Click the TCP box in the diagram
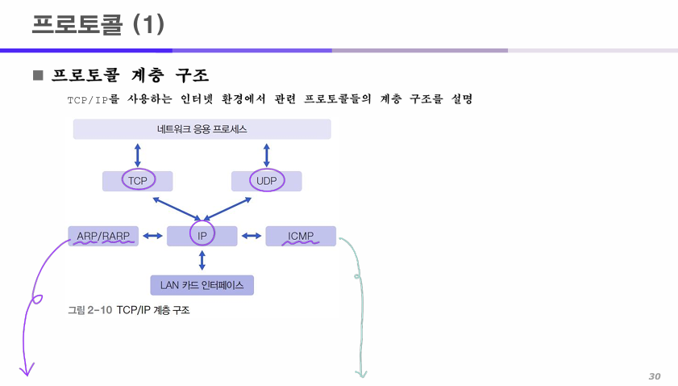pos(138,181)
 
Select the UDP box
pos(266,181)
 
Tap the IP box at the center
pos(202,236)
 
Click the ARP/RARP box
pos(103,236)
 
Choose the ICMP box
pos(300,236)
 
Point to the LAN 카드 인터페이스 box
pos(202,285)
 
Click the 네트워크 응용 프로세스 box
pos(202,129)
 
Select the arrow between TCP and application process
pos(138,155)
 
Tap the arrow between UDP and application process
pos(266,155)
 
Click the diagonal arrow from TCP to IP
pos(175,208)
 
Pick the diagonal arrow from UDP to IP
pos(231,208)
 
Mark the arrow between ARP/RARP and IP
pos(153,236)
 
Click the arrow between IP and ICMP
pos(252,236)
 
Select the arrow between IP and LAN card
pos(202,260)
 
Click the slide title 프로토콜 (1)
pos(98,24)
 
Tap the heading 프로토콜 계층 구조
pos(130,76)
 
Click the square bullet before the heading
pos(37,76)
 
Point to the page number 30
pos(654,376)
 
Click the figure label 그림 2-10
pos(89,309)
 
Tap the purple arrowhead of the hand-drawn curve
pos(27,370)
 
